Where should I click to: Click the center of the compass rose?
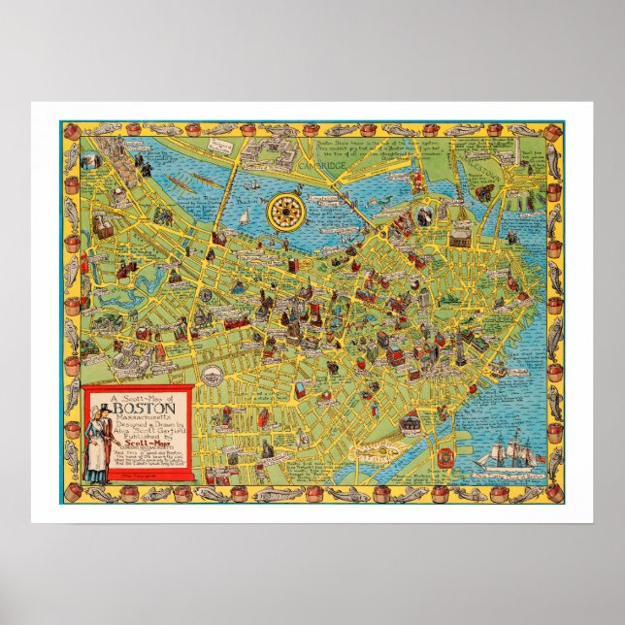[287, 208]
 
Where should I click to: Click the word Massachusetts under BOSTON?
[139, 418]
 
